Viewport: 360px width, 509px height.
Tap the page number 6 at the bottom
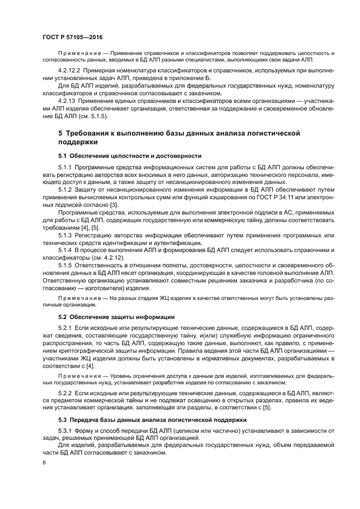44,462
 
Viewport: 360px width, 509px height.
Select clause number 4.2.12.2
69,71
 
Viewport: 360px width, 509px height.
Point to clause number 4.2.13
66,101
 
